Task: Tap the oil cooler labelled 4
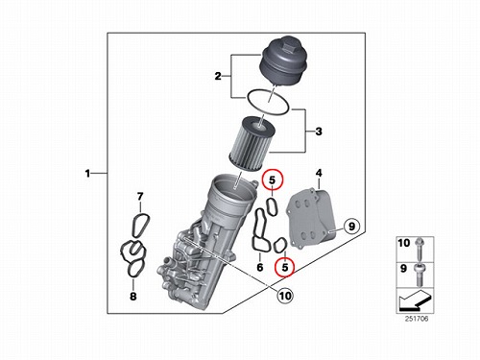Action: [312, 218]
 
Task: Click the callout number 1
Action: [87, 174]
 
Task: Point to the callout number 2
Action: [218, 76]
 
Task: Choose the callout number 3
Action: [319, 132]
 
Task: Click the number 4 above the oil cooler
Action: [319, 173]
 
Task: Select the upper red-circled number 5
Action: [273, 180]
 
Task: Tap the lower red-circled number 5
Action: [285, 267]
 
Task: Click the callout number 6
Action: [260, 267]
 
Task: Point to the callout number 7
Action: [140, 197]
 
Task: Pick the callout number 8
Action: [133, 297]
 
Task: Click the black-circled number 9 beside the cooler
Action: [351, 227]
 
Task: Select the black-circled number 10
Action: [285, 296]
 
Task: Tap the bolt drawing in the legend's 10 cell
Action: [419, 249]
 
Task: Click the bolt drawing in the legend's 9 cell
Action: [419, 275]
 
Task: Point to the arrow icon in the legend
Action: [415, 300]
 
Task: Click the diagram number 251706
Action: [417, 319]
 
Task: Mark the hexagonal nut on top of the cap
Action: [288, 50]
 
